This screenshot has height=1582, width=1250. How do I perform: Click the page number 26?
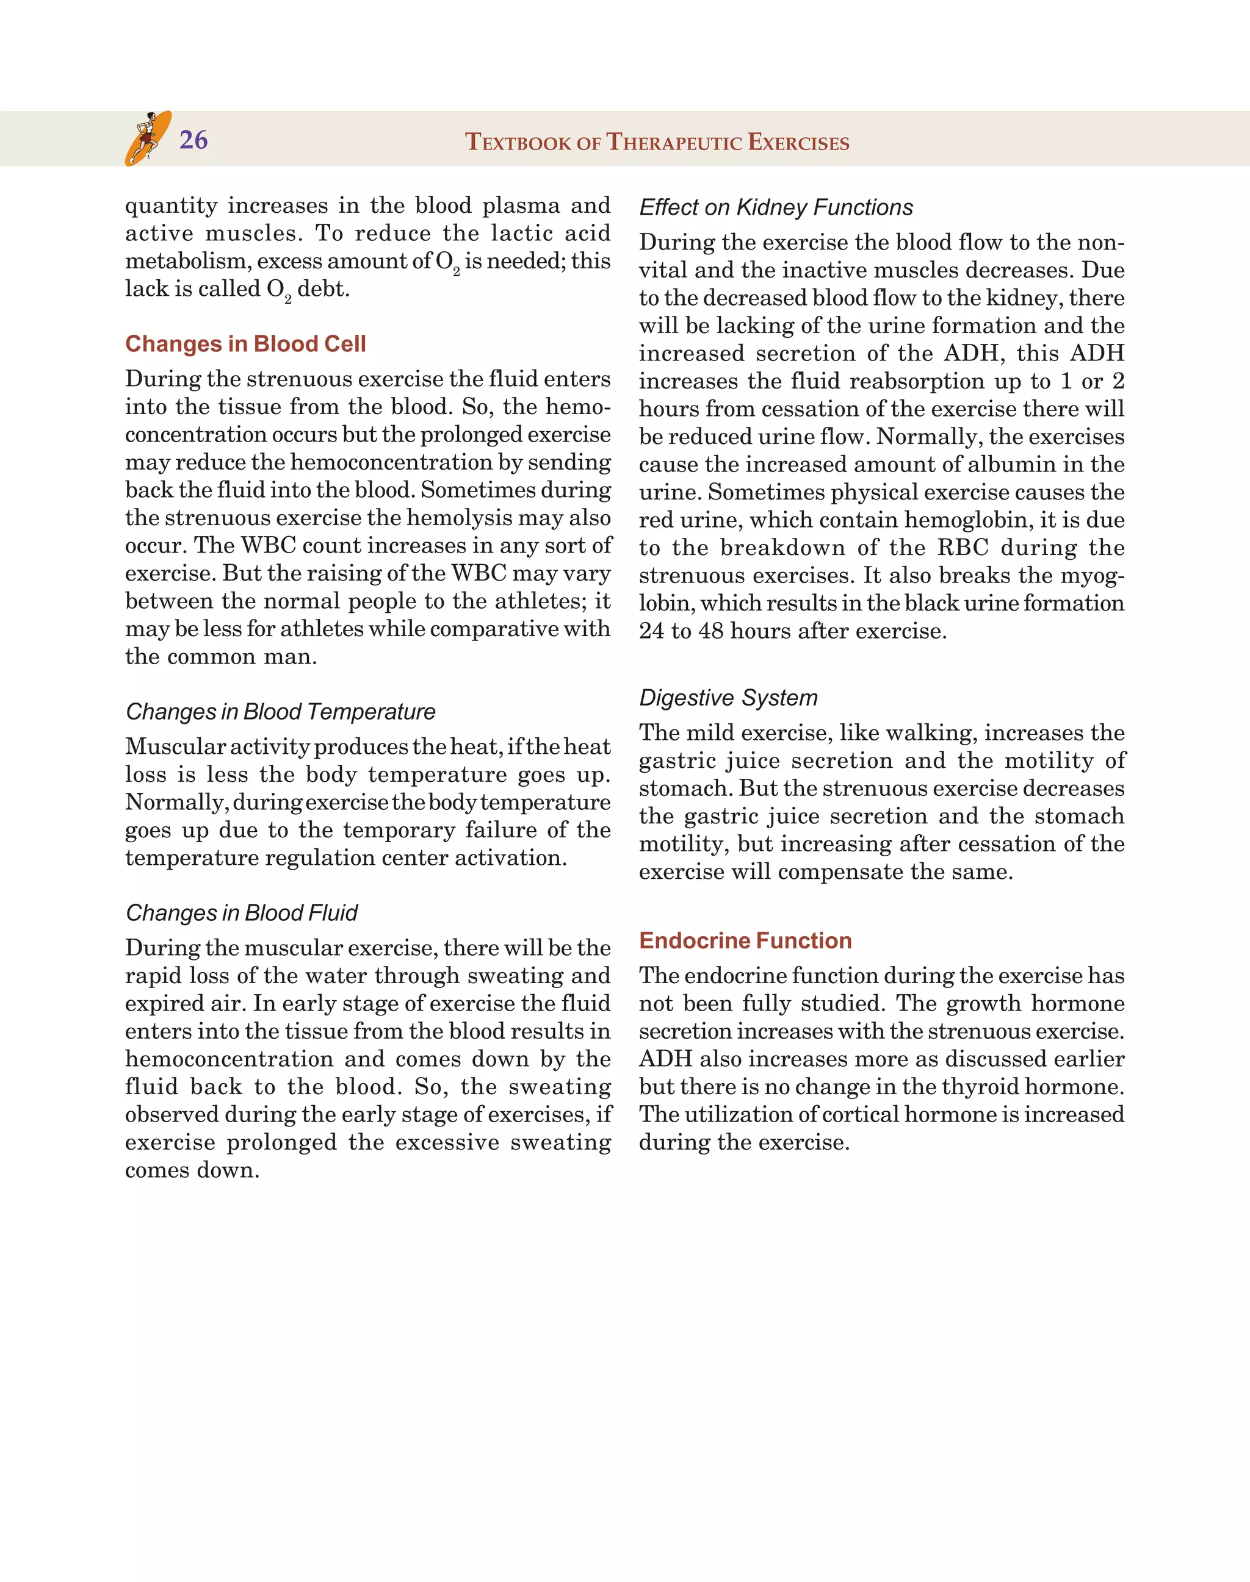coord(193,140)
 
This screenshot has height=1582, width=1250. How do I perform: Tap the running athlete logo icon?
coord(148,138)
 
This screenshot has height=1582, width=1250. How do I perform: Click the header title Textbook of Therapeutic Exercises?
coord(657,142)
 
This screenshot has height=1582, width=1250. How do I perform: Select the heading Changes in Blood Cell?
coord(245,344)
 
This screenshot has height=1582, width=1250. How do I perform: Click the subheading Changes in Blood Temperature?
coord(280,712)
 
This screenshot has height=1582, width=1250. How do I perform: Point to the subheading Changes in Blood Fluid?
coord(242,913)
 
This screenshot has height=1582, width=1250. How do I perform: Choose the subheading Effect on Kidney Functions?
coord(776,208)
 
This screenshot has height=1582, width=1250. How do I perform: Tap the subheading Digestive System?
coord(728,698)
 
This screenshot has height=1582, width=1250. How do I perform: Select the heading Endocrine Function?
coord(745,940)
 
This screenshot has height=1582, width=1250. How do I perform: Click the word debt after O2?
coord(323,289)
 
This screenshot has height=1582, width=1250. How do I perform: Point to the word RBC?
coord(963,548)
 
